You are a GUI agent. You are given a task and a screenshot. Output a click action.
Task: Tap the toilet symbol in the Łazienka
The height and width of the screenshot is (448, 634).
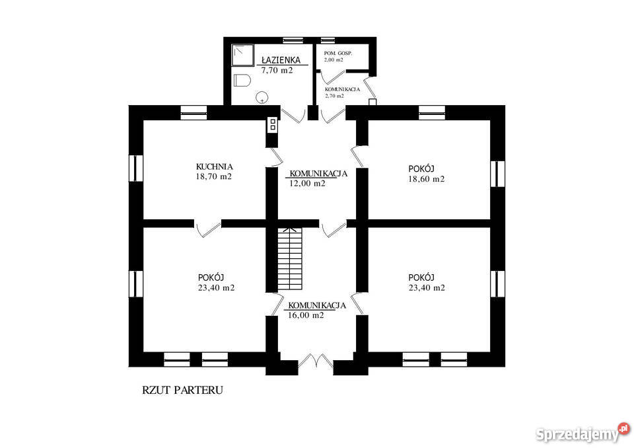[x=242, y=82]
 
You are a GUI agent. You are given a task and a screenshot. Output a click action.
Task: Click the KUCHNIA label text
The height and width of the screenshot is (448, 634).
[x=214, y=167]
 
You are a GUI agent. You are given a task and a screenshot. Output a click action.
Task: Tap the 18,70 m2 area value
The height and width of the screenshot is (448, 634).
[x=213, y=177]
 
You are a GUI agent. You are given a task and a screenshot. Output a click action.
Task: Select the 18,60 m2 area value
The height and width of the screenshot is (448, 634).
[x=426, y=179]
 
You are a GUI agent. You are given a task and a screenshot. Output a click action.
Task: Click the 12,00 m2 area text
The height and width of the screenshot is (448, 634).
[x=307, y=184]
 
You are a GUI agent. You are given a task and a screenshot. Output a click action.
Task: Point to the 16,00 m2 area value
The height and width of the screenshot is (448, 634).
[x=306, y=315]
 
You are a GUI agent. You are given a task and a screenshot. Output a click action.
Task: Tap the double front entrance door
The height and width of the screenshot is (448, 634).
[x=316, y=362]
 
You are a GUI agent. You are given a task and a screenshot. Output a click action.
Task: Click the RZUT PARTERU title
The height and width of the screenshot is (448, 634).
[x=182, y=390]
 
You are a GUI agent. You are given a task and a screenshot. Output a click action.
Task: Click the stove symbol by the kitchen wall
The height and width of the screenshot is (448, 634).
[x=272, y=126]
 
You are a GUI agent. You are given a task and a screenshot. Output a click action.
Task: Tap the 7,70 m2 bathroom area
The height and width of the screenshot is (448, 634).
[x=277, y=69]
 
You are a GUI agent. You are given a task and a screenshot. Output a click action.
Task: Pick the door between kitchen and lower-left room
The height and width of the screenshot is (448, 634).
[x=208, y=228]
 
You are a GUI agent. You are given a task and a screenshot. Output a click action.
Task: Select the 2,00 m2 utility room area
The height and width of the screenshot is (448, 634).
[x=334, y=59]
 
